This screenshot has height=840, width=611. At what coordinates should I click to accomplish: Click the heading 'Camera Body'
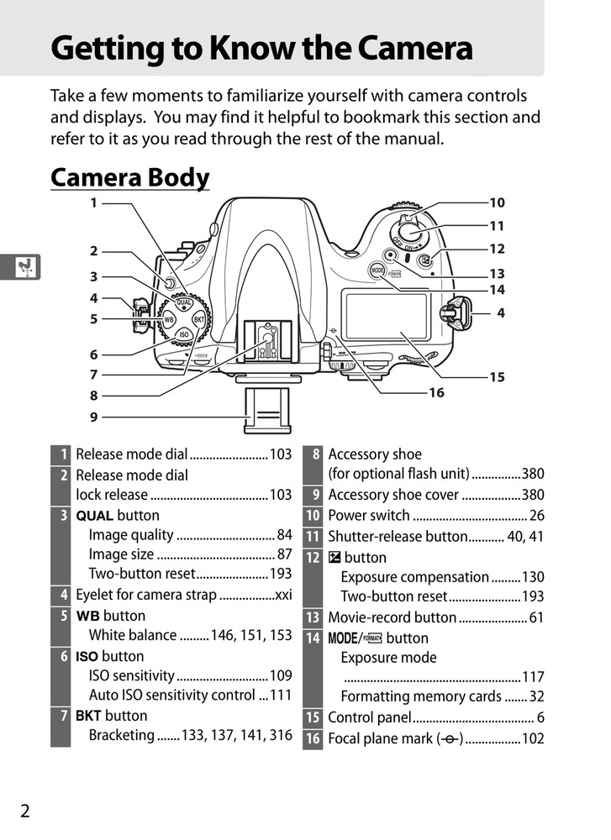[x=129, y=178]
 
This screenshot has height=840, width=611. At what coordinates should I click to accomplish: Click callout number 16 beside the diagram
[x=436, y=392]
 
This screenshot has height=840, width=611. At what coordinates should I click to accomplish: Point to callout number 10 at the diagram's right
[x=497, y=202]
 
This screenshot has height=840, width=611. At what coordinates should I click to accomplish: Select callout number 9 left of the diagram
[x=94, y=417]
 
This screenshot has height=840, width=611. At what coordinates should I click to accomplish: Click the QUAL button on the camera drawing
[x=183, y=303]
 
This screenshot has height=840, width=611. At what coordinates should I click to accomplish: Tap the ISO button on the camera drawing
[x=184, y=335]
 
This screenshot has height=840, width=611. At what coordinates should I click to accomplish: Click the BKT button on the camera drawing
[x=199, y=319]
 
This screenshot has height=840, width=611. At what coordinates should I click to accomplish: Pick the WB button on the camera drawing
[x=168, y=320]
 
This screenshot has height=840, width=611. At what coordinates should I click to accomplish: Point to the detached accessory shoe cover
[x=263, y=412]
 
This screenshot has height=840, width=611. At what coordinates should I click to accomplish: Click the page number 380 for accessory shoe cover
[x=532, y=495]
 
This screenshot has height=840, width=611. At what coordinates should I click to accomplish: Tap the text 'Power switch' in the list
[x=369, y=516]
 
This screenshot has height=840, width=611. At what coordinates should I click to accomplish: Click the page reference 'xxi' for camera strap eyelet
[x=283, y=595]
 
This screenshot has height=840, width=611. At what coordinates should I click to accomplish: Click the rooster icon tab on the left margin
[x=25, y=268]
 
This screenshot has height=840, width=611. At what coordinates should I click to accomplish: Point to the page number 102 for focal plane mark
[x=532, y=738]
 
